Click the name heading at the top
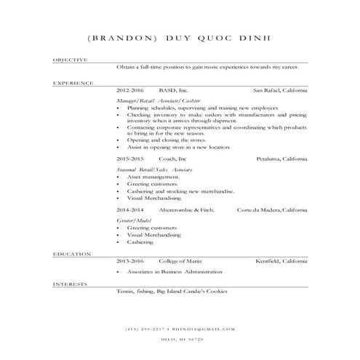(180, 38)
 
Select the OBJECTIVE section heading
(71, 60)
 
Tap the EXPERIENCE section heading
(73, 84)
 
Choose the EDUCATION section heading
(72, 254)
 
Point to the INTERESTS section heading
(71, 284)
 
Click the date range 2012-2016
(130, 90)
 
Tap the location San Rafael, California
(280, 90)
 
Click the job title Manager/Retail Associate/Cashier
(158, 100)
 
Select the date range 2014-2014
(130, 209)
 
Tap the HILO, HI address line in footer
(180, 339)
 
